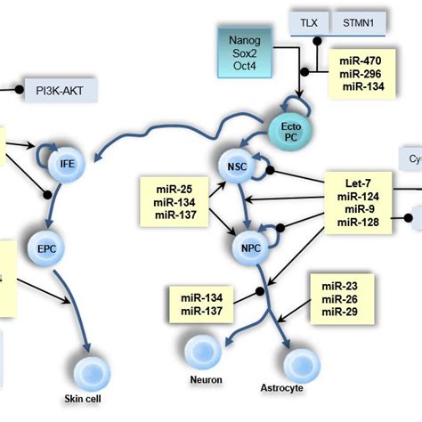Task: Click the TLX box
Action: click(x=307, y=20)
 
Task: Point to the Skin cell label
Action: click(x=87, y=398)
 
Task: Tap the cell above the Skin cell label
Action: click(x=90, y=371)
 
